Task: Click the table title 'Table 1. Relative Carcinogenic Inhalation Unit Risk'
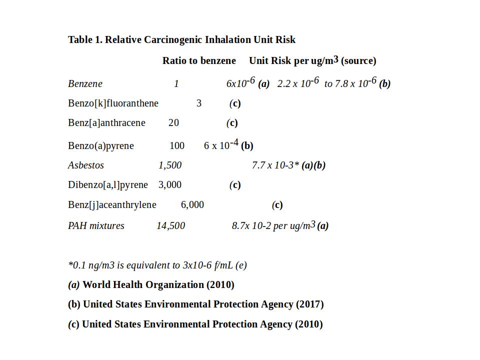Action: [x=181, y=40]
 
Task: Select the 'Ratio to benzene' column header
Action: [x=199, y=61]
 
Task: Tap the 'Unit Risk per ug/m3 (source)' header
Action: [x=312, y=61]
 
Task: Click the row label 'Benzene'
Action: [x=85, y=84]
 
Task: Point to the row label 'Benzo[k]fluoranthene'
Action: [x=113, y=103]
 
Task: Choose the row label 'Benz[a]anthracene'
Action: [x=106, y=123]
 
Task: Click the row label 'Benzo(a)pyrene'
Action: [x=101, y=146]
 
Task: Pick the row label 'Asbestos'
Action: [x=86, y=165]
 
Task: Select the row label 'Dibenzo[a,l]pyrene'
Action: [x=108, y=185]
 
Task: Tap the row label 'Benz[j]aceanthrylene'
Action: [x=112, y=205]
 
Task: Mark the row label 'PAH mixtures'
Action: [x=96, y=226]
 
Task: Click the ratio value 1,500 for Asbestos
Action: [x=170, y=165]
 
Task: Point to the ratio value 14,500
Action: [x=170, y=226]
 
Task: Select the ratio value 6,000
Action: [x=192, y=205]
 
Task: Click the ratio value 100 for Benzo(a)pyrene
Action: [x=177, y=146]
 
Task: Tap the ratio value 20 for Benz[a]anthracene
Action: [x=173, y=123]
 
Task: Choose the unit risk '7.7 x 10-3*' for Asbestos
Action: [x=275, y=165]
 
